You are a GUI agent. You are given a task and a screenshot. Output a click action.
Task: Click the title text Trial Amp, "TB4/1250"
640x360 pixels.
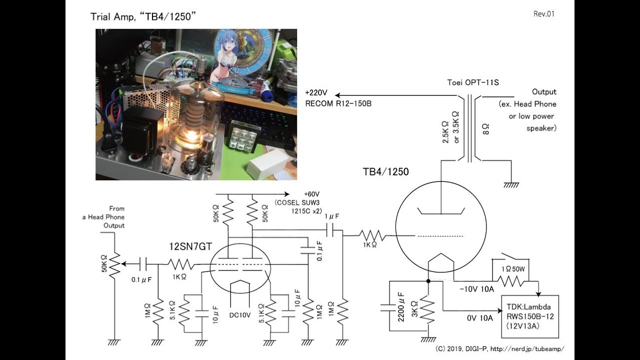point(143,16)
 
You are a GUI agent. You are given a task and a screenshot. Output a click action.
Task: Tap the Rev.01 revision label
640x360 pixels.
point(543,14)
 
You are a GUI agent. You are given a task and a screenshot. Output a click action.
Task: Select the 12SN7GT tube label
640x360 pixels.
point(190,246)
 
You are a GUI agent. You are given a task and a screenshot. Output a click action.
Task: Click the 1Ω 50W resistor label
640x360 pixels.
point(513,269)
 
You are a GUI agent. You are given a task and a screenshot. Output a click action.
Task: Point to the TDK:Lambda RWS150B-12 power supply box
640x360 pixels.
point(530,316)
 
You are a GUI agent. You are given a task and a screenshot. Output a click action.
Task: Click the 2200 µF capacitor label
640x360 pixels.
point(401,307)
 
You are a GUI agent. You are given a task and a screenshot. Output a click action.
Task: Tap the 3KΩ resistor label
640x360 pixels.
point(415,309)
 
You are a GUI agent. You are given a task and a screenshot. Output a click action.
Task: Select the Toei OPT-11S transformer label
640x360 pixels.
point(473,82)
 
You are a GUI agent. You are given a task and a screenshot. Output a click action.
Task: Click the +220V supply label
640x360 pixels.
point(316,93)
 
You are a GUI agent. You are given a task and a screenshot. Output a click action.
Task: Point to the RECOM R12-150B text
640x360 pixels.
point(338,103)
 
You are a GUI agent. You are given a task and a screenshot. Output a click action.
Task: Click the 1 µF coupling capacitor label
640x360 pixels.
point(331,216)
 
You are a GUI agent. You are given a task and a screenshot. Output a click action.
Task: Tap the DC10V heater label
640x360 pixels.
point(240,315)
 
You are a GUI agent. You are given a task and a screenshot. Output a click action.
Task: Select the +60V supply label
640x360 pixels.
point(311,194)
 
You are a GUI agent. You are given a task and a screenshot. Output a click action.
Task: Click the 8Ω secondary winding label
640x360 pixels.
point(485,129)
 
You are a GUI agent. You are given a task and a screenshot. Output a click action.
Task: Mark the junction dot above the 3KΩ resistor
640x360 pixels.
point(428,281)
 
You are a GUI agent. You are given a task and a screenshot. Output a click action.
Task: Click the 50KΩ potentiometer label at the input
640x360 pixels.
point(104,263)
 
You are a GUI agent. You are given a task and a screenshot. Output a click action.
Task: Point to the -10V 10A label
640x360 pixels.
point(477,289)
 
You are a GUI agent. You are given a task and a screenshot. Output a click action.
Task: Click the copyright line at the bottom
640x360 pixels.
point(499,349)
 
